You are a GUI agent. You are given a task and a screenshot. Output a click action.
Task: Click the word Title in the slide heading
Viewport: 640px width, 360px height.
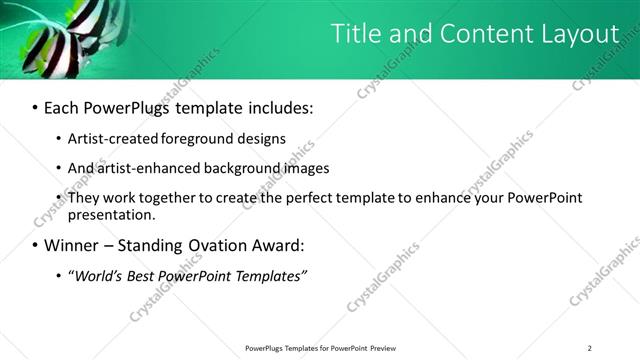(x=357, y=34)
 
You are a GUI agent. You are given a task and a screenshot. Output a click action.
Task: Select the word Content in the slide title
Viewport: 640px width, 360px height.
(x=479, y=34)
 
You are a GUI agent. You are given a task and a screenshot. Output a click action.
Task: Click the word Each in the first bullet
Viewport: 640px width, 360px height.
(x=66, y=105)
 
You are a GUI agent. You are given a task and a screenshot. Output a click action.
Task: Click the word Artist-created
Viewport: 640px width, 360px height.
(x=113, y=138)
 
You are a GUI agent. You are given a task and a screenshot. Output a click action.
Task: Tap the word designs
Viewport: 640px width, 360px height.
(x=263, y=138)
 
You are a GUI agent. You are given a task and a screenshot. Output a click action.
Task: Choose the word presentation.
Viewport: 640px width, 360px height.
(x=112, y=214)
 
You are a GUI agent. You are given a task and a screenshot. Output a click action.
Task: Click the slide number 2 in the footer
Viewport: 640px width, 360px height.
(x=590, y=348)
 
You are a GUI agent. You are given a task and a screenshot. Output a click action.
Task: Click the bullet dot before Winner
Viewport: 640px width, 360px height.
(x=36, y=246)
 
